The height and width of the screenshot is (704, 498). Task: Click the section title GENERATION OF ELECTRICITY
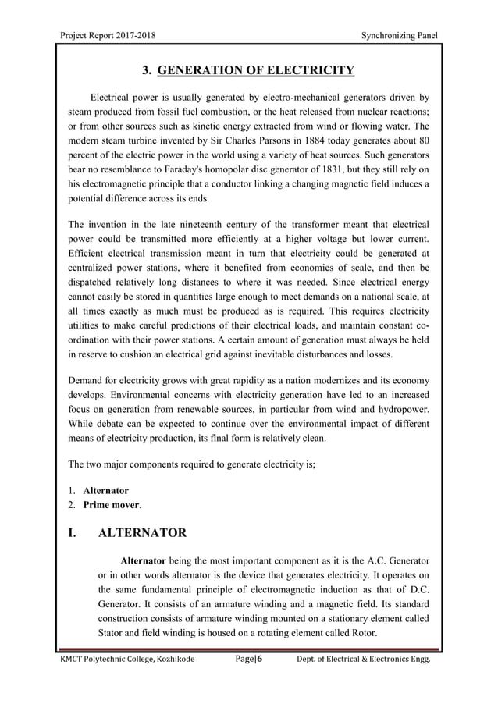255,73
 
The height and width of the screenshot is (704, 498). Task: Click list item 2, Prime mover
113,505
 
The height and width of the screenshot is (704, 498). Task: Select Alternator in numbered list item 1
106,491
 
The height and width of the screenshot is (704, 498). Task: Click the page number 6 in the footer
260,660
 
